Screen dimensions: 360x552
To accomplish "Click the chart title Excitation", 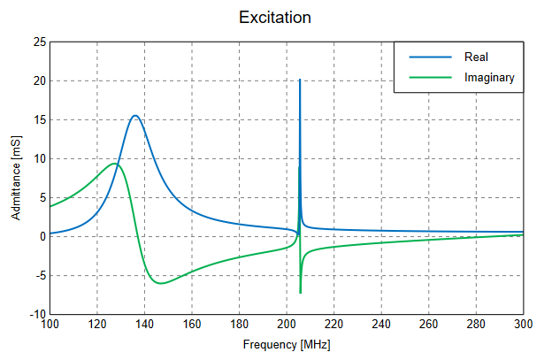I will pos(274,18).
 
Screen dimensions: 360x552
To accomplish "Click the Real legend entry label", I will pos(476,57).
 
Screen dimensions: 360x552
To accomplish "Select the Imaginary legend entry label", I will pos(489,78).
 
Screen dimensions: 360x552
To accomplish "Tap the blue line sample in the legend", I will pos(429,57).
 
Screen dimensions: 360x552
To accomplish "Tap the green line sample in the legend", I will pos(429,78).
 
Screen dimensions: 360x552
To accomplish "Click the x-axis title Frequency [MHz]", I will pos(287,343).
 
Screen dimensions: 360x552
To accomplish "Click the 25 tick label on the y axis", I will pos(39,42).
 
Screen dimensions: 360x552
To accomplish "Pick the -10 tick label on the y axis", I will pos(37,315).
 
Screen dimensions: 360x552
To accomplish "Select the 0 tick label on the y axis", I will pos(42,237).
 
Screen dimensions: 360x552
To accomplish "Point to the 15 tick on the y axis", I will pos(39,120).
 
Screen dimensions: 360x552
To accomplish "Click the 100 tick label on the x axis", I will pos(50,326).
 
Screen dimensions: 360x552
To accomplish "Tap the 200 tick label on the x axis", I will pos(287,326).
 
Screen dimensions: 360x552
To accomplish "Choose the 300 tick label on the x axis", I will pos(523,326).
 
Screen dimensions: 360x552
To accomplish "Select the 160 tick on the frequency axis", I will pos(192,326).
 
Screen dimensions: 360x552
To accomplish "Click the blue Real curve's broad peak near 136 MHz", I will pos(135,116).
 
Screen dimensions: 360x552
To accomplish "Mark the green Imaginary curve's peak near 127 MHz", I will pos(114,164).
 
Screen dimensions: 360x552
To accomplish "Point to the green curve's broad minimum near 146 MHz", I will pos(159,283).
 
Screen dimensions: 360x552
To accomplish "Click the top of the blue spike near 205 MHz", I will pos(300,80).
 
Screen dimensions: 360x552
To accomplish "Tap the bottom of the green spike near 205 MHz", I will pos(301,293).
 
